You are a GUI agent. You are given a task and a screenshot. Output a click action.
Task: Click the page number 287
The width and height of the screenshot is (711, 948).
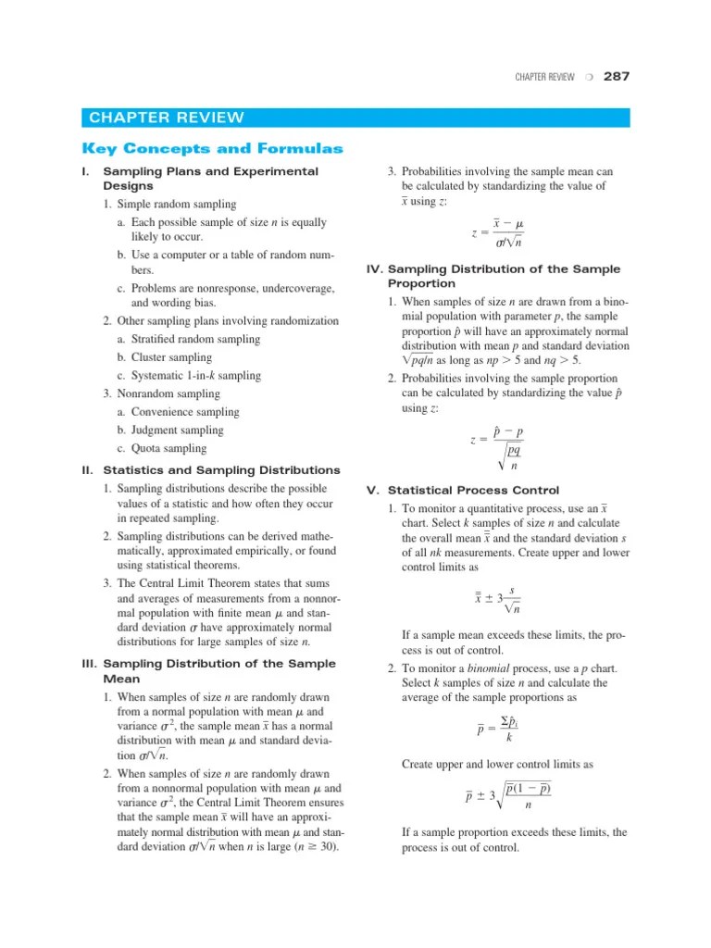point(616,77)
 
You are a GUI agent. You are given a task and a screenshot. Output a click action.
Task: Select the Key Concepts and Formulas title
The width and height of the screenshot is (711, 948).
point(212,148)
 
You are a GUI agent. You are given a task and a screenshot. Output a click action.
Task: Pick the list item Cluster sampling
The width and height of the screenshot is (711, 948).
point(171,357)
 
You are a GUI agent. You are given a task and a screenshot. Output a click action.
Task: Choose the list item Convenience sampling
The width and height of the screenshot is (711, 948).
point(184,412)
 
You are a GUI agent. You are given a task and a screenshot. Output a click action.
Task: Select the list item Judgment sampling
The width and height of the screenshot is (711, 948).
point(178,430)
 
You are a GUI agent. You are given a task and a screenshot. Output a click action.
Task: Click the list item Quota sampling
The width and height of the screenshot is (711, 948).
point(168,449)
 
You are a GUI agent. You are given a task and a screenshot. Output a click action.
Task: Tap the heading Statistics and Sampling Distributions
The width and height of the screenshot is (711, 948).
point(221,470)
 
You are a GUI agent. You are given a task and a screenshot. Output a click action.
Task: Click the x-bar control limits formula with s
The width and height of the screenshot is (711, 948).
point(497,599)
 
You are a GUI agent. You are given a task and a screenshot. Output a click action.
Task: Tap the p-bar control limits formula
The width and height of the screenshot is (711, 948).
point(508,796)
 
